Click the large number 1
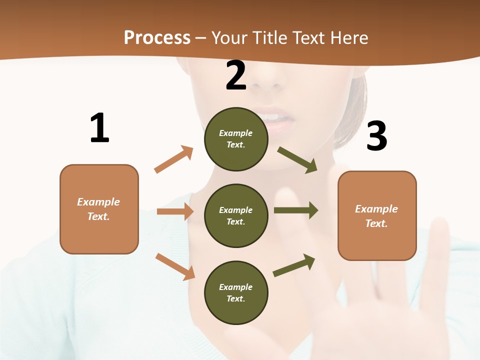point(99,128)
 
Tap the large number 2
point(236,75)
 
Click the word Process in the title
point(157,37)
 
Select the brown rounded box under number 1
point(99,209)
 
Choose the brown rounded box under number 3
point(377,216)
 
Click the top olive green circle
point(236,139)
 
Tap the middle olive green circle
point(236,216)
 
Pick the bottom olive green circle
point(236,293)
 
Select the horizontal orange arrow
point(175,211)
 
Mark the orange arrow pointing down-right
point(175,266)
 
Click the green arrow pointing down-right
point(297,159)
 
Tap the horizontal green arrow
point(296,210)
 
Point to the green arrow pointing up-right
point(294,265)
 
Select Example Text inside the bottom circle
point(236,293)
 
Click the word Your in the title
point(230,37)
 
